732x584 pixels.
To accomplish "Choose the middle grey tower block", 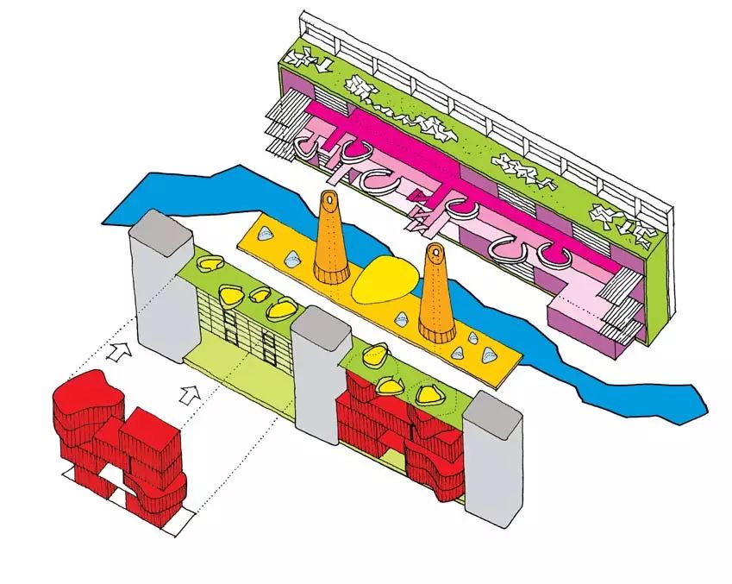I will pos(318,380).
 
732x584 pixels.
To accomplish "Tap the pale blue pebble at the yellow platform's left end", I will pos(266,232).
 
